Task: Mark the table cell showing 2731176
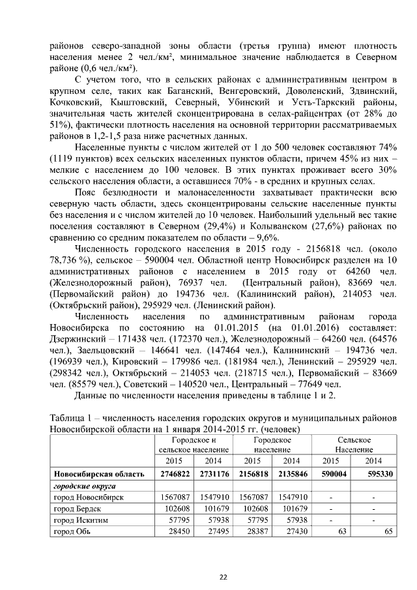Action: click(x=213, y=473)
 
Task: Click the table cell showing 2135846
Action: click(x=290, y=473)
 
